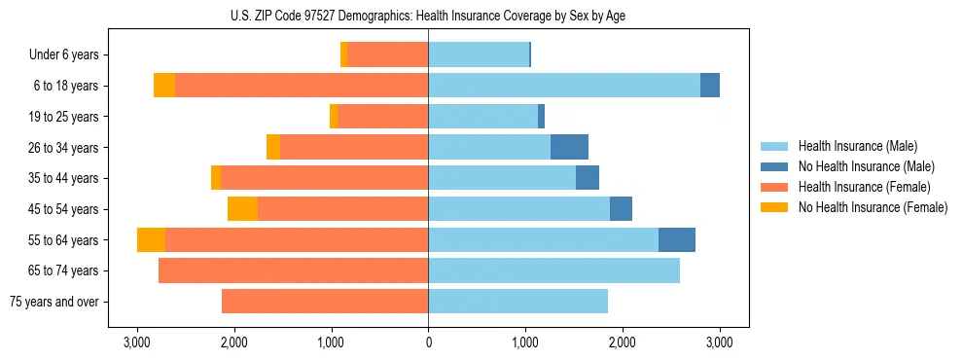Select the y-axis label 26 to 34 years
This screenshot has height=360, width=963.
[65, 148]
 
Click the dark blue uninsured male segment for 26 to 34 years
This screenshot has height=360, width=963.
[569, 147]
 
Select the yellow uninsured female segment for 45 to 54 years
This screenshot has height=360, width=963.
[242, 209]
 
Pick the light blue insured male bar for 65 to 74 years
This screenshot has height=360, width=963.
[553, 270]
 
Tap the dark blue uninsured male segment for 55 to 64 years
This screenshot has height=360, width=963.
[677, 240]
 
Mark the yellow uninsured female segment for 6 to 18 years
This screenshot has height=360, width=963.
[164, 86]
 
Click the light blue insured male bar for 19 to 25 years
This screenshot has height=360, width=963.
[482, 117]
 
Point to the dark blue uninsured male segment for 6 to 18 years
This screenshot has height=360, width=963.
[710, 86]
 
